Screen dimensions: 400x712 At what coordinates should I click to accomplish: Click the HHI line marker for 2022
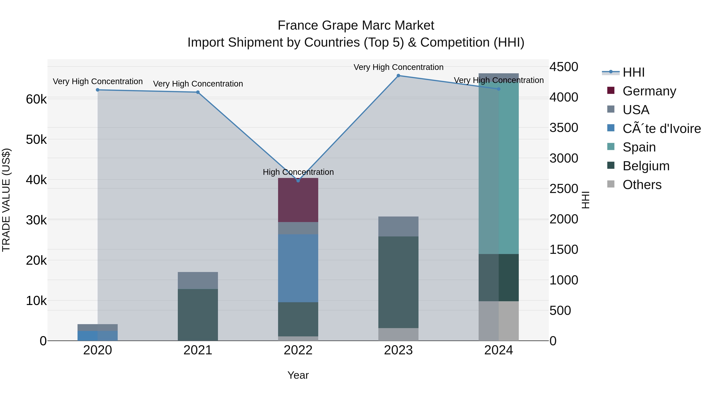coord(298,181)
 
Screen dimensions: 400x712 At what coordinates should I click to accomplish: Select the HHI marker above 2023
coord(398,76)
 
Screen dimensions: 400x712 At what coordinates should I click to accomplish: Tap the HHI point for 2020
coord(98,90)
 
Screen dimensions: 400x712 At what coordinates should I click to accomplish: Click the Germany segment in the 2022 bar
coord(298,200)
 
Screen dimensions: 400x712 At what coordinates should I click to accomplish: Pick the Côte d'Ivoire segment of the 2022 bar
coord(298,268)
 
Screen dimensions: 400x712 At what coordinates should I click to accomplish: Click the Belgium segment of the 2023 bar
coord(398,282)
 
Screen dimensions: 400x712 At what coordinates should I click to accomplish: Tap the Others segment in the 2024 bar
coord(499,321)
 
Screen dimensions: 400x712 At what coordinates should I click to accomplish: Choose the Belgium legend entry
coord(646,166)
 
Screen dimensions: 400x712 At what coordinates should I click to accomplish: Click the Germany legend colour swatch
coord(611,90)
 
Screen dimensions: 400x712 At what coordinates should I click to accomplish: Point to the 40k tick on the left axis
coord(36,180)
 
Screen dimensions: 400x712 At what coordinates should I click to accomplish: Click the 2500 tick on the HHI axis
coord(564,189)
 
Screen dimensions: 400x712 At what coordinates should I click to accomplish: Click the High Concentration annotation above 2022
coord(298,172)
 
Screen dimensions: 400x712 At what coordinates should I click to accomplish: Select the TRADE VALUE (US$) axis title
coord(6,200)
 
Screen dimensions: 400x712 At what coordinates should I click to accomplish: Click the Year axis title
coord(298,375)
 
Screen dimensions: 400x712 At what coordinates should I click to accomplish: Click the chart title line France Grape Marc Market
coord(356,25)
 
